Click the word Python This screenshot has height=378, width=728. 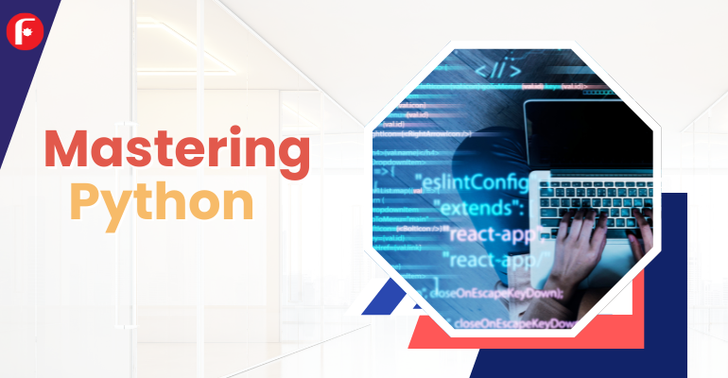coord(164,200)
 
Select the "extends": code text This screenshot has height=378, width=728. coord(481,206)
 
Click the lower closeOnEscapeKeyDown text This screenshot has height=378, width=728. coord(515,324)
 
